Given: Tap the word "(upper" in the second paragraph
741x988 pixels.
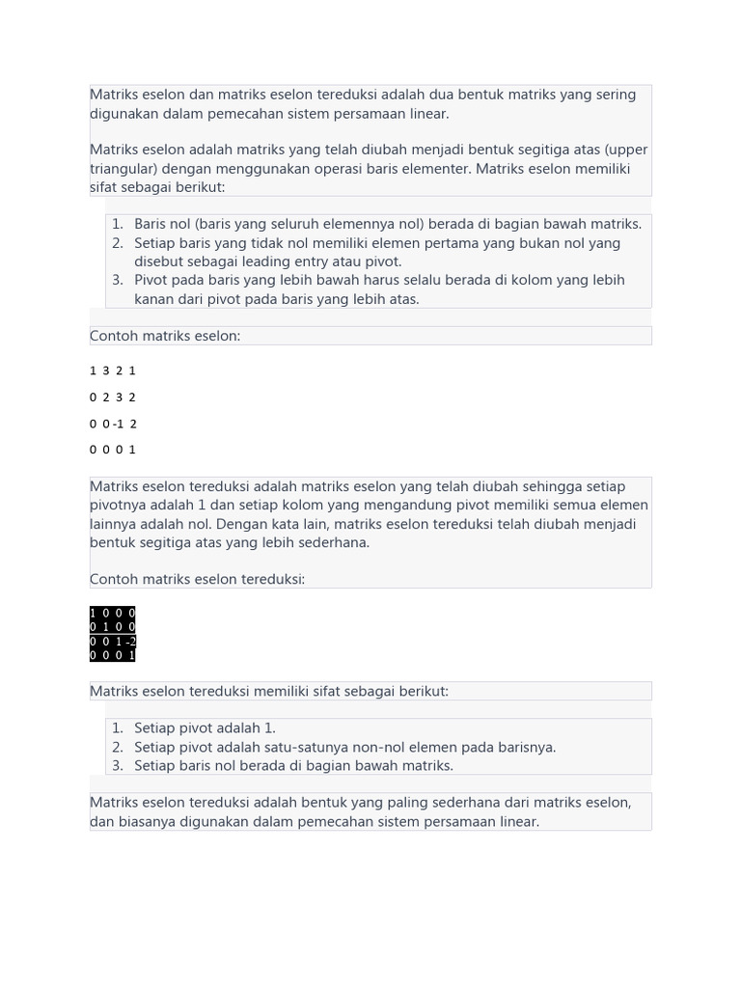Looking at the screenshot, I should tap(625, 150).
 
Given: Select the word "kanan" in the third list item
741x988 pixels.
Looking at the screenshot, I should tap(154, 299).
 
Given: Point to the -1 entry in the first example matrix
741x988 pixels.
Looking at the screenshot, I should tap(119, 424).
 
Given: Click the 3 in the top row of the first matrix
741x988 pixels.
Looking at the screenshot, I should tap(106, 370).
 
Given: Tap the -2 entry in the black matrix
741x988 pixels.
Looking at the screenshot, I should tap(129, 642).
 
